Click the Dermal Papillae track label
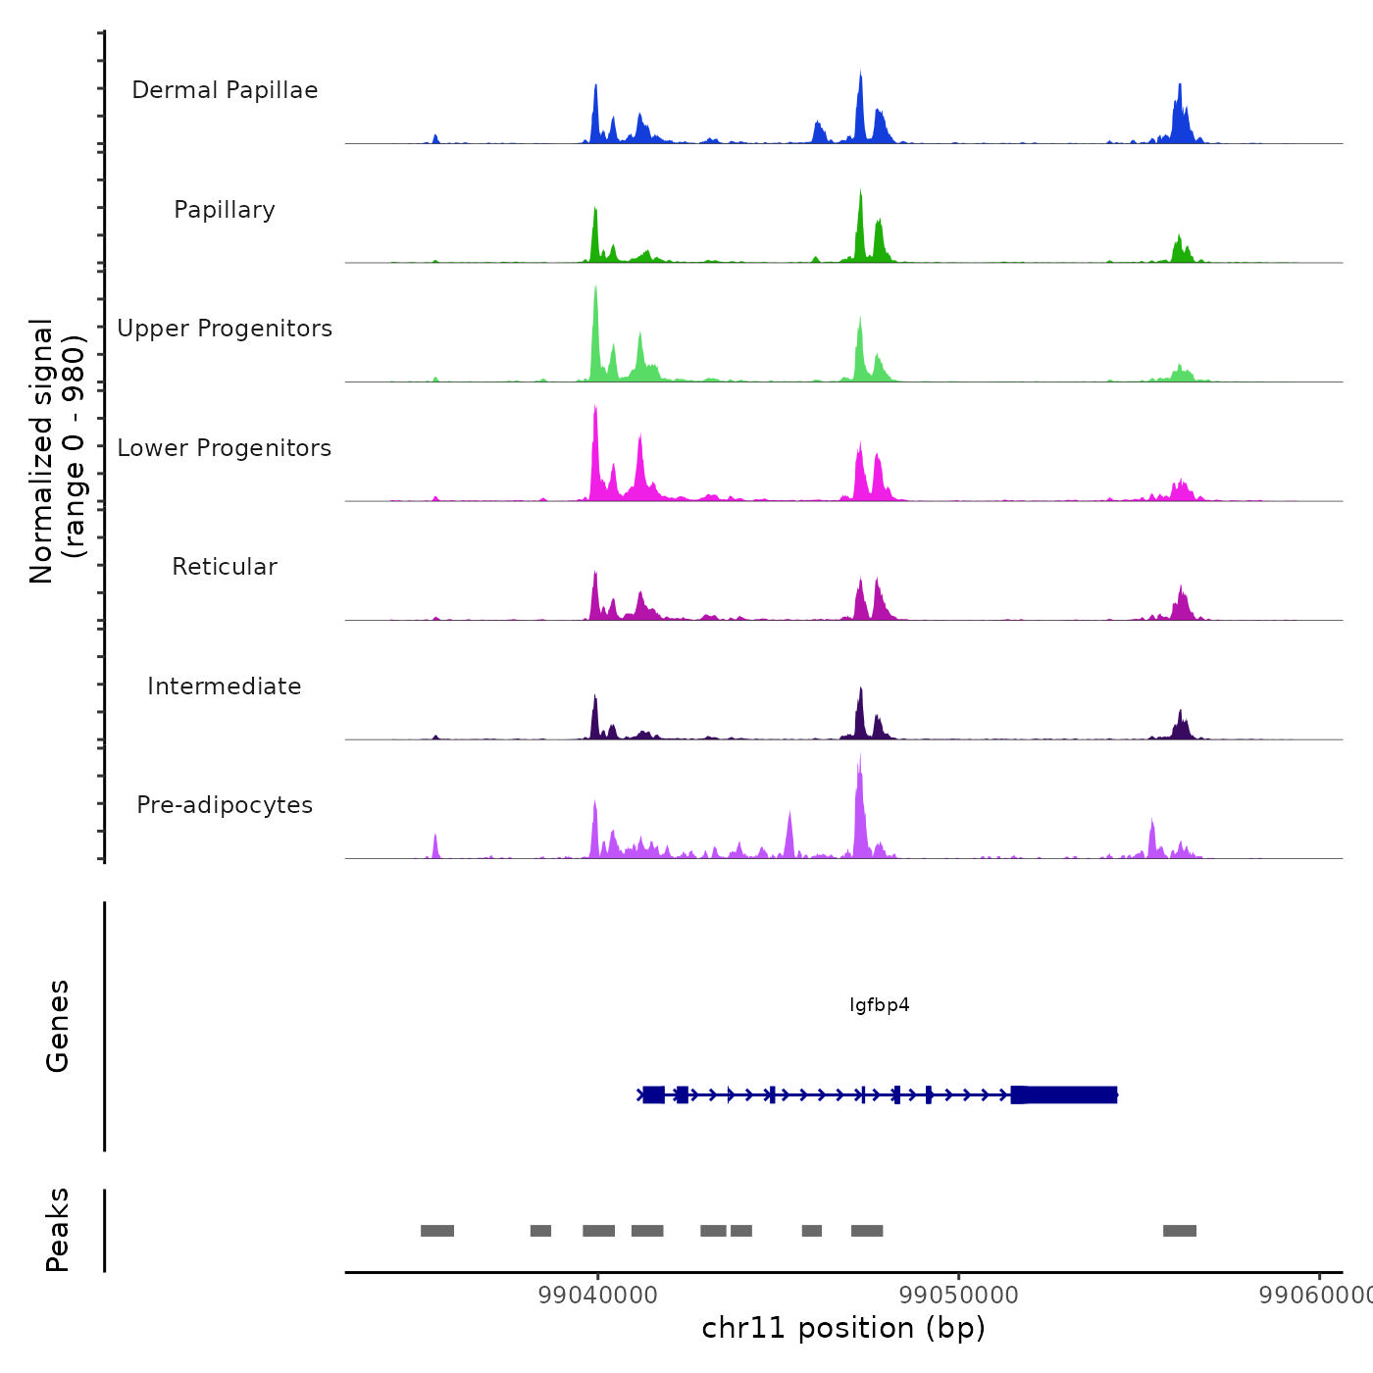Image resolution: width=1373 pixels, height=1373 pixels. tap(225, 90)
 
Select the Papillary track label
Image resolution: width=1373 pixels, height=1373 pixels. tap(225, 210)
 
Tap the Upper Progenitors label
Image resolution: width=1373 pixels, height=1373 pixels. tap(225, 329)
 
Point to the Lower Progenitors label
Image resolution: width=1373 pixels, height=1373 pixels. tap(225, 448)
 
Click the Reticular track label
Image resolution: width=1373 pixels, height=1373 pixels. tap(225, 567)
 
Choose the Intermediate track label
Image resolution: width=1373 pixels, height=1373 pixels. tap(225, 686)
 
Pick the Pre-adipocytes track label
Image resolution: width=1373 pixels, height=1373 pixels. tap(225, 805)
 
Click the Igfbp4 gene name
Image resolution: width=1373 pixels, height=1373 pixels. tap(880, 1005)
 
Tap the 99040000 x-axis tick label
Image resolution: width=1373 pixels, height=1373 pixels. tap(598, 1296)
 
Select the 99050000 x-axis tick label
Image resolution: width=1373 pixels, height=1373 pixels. tap(959, 1296)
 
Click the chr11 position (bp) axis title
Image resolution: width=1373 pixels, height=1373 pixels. tap(843, 1329)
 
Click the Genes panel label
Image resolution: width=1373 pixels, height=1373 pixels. tap(58, 1026)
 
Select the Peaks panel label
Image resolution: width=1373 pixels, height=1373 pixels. tap(58, 1230)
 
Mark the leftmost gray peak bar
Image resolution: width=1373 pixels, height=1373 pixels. tap(437, 1231)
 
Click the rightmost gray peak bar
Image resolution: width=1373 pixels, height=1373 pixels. tap(1180, 1231)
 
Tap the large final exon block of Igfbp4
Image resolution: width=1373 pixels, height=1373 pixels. tap(1065, 1094)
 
